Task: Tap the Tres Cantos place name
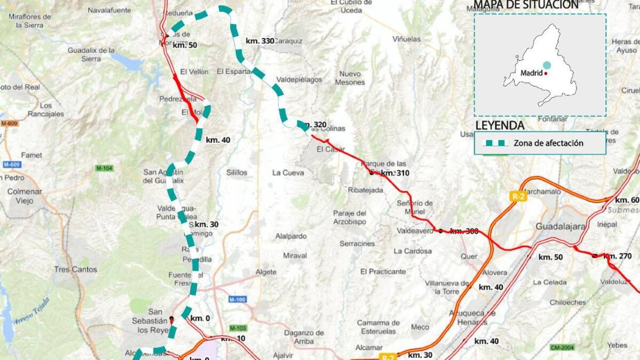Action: click(x=76, y=269)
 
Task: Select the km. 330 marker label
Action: click(x=260, y=41)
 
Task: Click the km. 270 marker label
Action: click(x=618, y=257)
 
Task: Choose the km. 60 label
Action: click(x=627, y=200)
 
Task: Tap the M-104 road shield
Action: click(x=105, y=168)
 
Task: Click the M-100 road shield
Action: click(x=237, y=300)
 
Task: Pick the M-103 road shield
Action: click(x=238, y=327)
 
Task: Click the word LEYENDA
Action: click(x=500, y=126)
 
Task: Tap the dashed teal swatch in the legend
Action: click(x=494, y=143)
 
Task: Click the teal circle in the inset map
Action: click(x=547, y=65)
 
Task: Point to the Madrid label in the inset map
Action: click(x=531, y=73)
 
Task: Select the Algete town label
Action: click(x=266, y=272)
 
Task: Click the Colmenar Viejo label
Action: click(x=24, y=196)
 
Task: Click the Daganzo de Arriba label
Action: click(x=304, y=337)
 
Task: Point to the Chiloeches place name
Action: click(x=568, y=302)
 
